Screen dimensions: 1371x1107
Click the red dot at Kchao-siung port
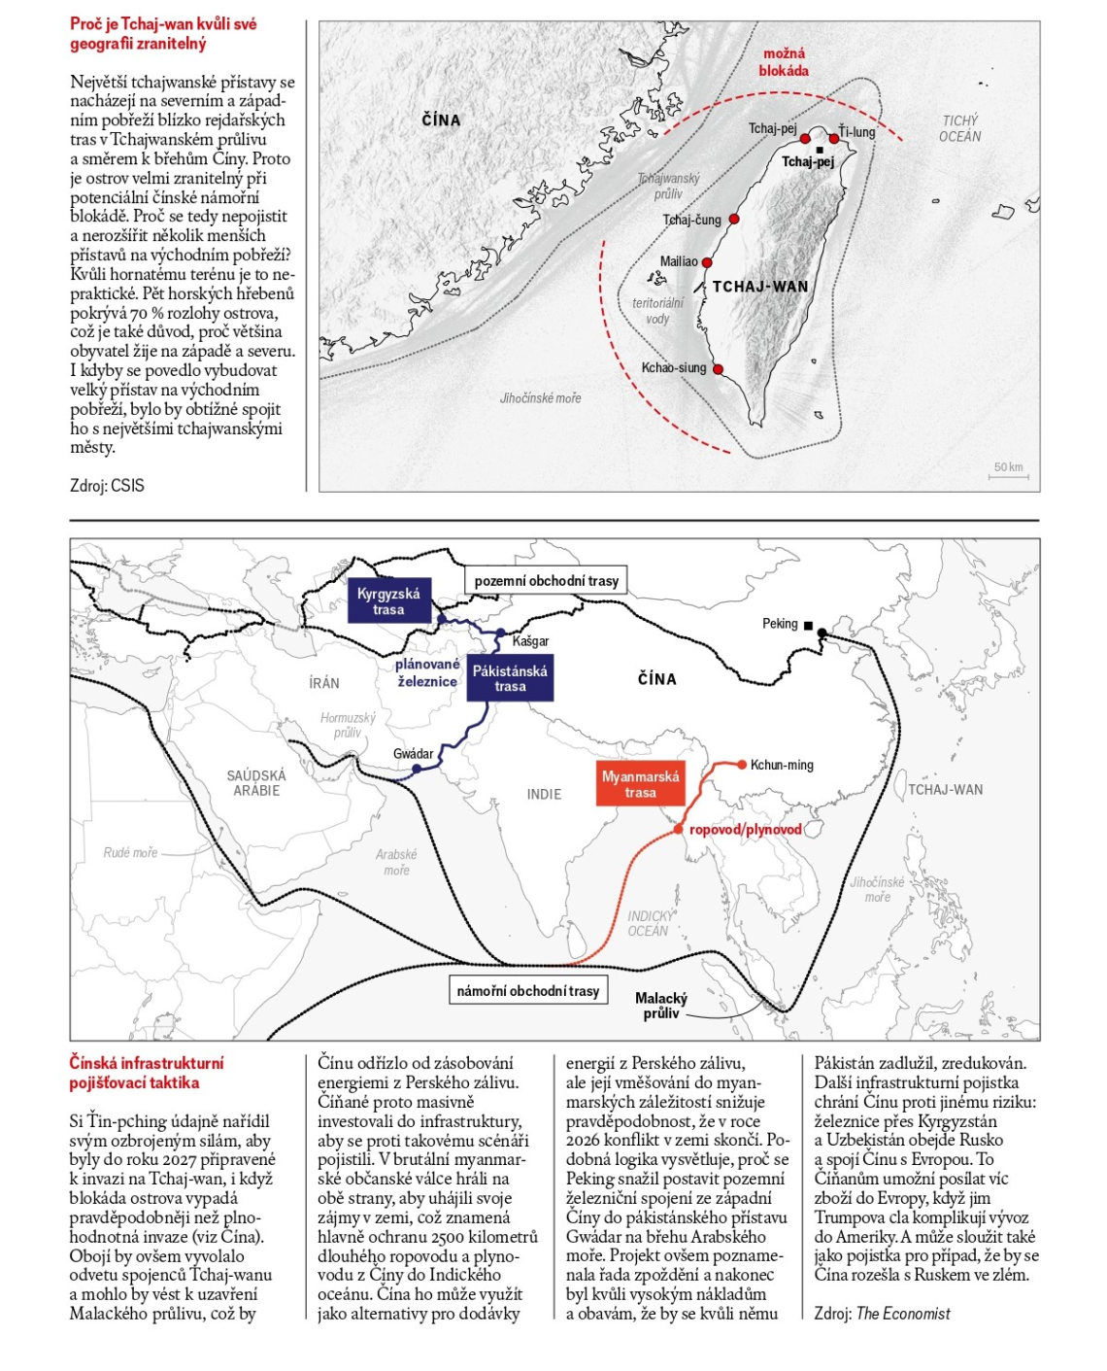click(x=718, y=369)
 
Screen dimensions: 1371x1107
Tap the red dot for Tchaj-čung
click(x=734, y=220)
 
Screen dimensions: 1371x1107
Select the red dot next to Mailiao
click(x=707, y=262)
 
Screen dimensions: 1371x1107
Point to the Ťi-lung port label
click(x=857, y=132)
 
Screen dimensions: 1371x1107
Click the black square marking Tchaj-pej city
click(x=820, y=150)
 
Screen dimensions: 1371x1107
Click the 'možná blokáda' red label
click(x=784, y=62)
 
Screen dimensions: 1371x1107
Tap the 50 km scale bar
click(x=1009, y=472)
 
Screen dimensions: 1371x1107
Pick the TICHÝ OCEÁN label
click(x=959, y=128)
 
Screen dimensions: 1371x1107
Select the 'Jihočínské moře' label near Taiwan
click(x=540, y=398)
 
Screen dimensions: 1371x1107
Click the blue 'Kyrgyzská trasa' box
click(x=388, y=601)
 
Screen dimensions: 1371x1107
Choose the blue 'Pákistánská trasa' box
click(x=510, y=678)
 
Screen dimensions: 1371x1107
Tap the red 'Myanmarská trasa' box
click(x=640, y=784)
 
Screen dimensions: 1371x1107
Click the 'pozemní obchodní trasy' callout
click(x=546, y=581)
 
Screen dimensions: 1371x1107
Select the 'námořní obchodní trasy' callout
click(x=527, y=991)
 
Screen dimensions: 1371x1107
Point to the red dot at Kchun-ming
click(x=742, y=765)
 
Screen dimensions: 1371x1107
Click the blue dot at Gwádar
click(x=417, y=769)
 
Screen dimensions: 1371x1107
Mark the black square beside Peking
click(x=808, y=625)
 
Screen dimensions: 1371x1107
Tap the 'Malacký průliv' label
click(x=660, y=1005)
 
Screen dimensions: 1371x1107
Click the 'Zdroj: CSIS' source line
click(x=107, y=486)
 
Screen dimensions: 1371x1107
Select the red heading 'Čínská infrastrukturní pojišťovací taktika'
click(x=146, y=1073)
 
